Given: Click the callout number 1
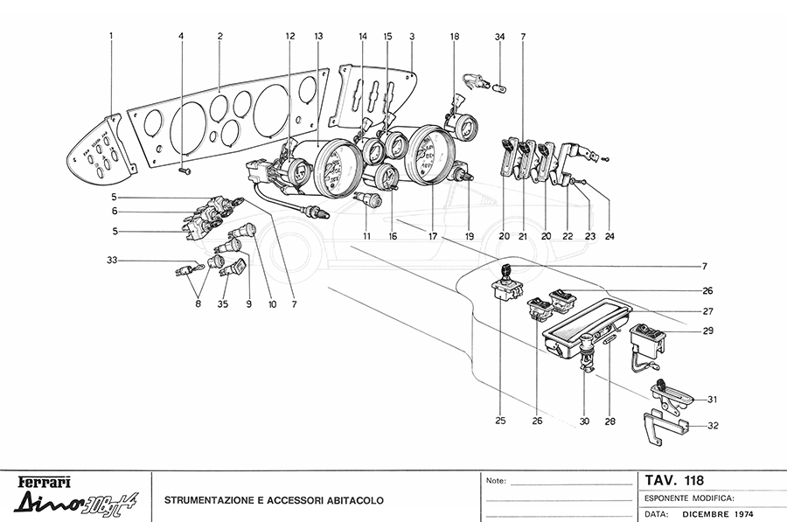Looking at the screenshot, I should click(x=112, y=36).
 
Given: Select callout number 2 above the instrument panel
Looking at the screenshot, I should click(x=220, y=36).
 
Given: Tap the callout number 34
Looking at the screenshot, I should click(x=499, y=37).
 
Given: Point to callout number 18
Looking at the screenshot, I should click(x=454, y=37).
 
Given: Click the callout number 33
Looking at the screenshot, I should click(x=112, y=261).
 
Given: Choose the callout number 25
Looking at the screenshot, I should click(x=499, y=421).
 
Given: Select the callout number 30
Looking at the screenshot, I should click(x=584, y=421).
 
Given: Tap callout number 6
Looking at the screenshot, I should click(x=114, y=212).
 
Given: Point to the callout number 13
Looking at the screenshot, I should click(x=318, y=36).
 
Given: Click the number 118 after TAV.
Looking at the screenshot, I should click(x=690, y=479).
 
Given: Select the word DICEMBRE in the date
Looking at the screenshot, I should click(x=706, y=513).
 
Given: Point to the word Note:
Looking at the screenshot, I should click(x=495, y=481).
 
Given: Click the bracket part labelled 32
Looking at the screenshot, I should click(x=665, y=427).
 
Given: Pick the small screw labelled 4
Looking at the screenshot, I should click(x=185, y=172).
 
